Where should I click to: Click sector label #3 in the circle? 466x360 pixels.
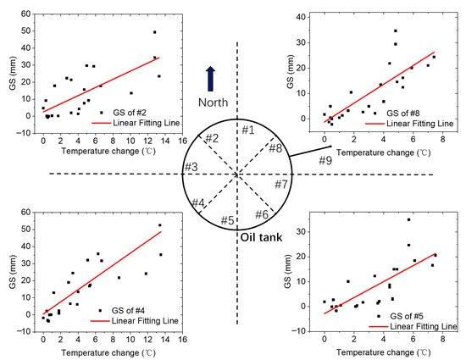pyautogui.click(x=192, y=165)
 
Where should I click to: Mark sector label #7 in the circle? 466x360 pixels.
pyautogui.click(x=281, y=184)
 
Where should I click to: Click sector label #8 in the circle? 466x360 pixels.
pyautogui.click(x=275, y=148)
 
